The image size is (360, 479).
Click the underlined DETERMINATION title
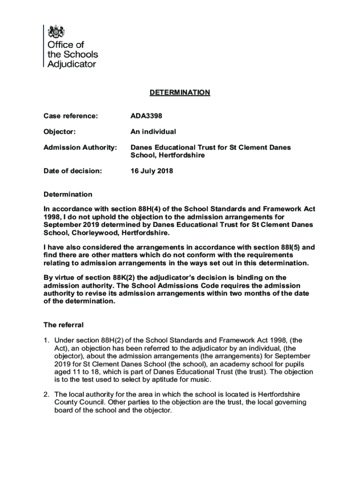point(180,93)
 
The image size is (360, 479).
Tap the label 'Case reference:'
point(71,116)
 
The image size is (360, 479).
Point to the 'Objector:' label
point(59,132)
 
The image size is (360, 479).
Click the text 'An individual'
point(153,132)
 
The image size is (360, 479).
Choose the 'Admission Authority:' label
point(80,147)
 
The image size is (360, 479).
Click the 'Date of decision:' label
point(72,171)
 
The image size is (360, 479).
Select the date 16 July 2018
point(152,171)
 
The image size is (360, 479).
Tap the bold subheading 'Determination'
point(68,194)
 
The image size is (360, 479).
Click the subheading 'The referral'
point(64,325)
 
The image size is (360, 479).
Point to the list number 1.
point(46,340)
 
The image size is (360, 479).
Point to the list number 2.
point(46,394)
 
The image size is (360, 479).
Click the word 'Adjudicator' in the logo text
point(72,64)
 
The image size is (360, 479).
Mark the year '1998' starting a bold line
point(52,217)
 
